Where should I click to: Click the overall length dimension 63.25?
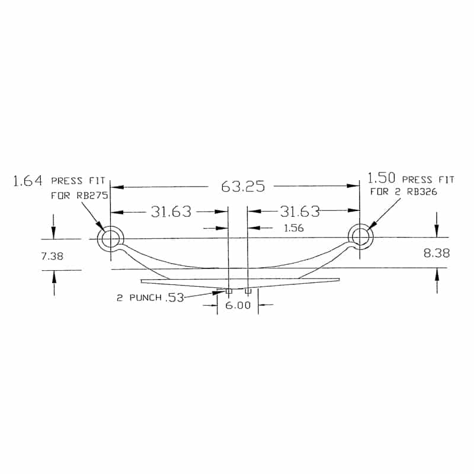pyautogui.click(x=243, y=186)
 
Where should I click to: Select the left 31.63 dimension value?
pyautogui.click(x=171, y=212)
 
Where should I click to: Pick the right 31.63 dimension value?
pyautogui.click(x=300, y=212)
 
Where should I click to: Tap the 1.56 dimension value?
pyautogui.click(x=293, y=228)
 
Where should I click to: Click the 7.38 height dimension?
pyautogui.click(x=52, y=257)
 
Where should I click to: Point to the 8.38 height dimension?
pyautogui.click(x=437, y=253)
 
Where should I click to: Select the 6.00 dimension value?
pyautogui.click(x=238, y=305)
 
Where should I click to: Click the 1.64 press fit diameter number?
pyautogui.click(x=27, y=181)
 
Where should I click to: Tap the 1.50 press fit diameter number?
pyautogui.click(x=381, y=178)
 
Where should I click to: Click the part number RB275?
pyautogui.click(x=92, y=196)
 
